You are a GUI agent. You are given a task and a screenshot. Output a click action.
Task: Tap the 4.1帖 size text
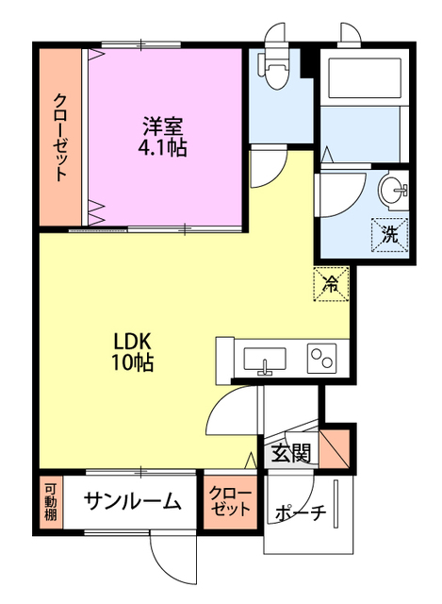tap(162, 147)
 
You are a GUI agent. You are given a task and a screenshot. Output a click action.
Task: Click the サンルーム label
tap(132, 502)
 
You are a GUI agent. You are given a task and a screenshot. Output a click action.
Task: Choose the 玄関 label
tap(292, 454)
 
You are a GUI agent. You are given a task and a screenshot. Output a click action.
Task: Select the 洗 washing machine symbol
tap(388, 233)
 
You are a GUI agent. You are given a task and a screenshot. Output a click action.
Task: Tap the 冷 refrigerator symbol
tap(332, 281)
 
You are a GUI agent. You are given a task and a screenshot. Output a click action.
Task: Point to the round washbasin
tap(395, 191)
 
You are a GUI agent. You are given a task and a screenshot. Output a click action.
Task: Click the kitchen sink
tap(265, 360)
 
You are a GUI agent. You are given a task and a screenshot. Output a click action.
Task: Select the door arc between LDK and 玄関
tap(230, 412)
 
